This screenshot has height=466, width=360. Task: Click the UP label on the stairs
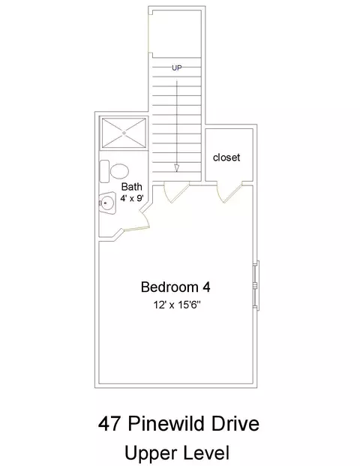(x=177, y=68)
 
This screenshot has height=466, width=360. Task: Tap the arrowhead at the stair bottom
(x=177, y=168)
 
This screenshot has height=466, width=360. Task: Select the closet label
(x=226, y=158)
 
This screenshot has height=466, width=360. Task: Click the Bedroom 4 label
(x=175, y=287)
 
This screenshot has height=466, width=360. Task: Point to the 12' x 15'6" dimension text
(x=177, y=305)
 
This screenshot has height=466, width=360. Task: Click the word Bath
(x=132, y=187)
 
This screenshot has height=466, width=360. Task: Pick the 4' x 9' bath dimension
(x=132, y=198)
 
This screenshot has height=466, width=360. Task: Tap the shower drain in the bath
(x=124, y=133)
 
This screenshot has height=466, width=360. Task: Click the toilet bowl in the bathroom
(x=119, y=171)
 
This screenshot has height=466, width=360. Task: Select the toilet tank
(x=104, y=171)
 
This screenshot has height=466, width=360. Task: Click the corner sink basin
(x=107, y=203)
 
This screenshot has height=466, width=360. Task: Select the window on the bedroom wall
(x=256, y=286)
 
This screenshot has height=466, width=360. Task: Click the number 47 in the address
(x=109, y=424)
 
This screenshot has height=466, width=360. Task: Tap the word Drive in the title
(x=235, y=424)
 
